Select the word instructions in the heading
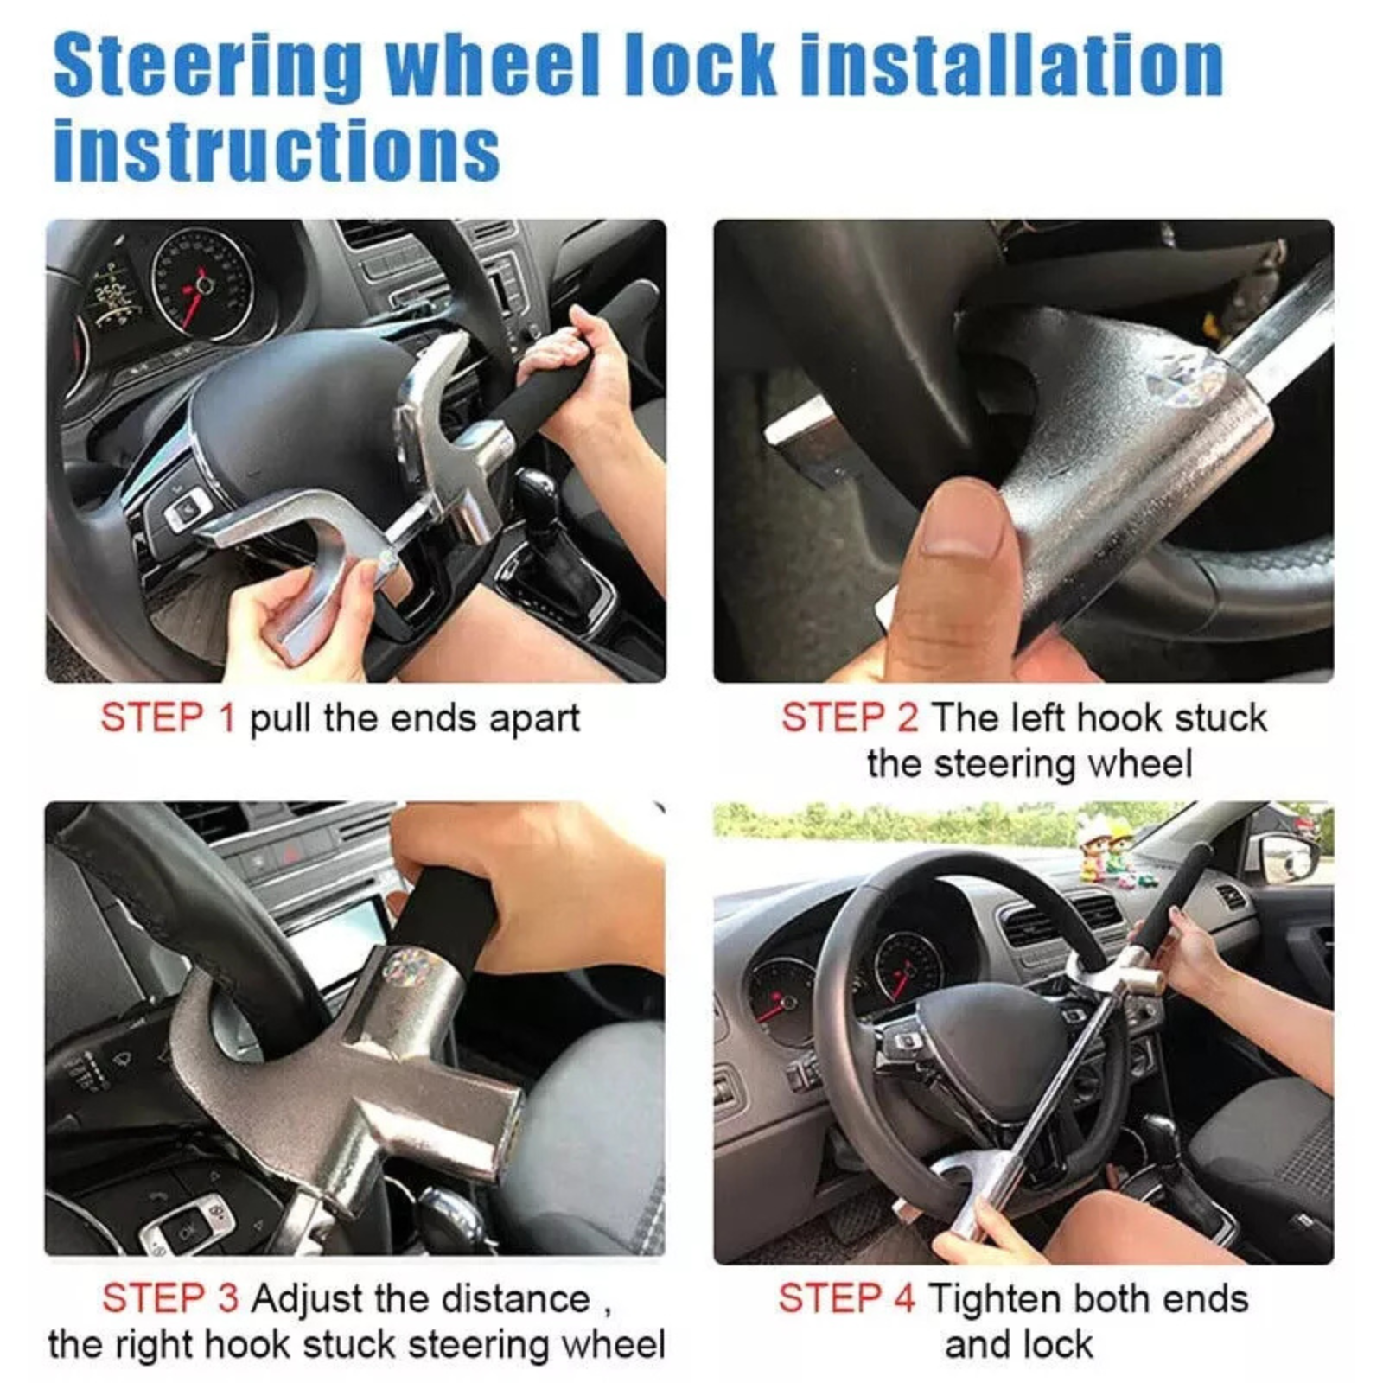pos(277,149)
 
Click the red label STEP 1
pos(168,717)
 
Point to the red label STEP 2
pos(850,717)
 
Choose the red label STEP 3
pos(170,1298)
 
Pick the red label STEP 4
pos(846,1298)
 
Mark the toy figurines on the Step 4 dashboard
pos(1106,851)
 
